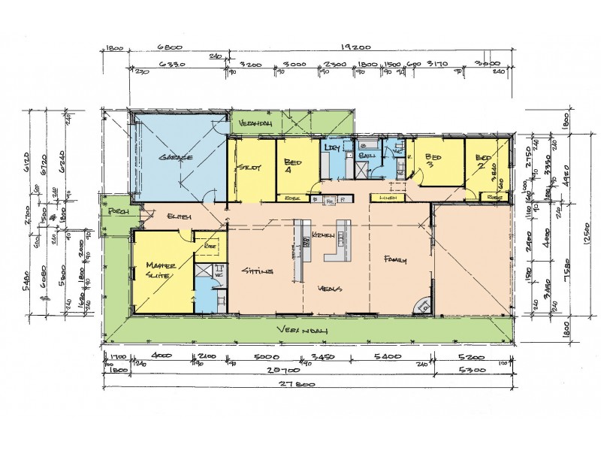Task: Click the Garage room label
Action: click(177, 158)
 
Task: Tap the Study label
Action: click(249, 167)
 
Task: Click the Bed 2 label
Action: click(485, 161)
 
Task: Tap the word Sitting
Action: click(257, 271)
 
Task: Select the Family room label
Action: click(395, 260)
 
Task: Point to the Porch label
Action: click(117, 213)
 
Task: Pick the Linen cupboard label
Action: click(388, 198)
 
